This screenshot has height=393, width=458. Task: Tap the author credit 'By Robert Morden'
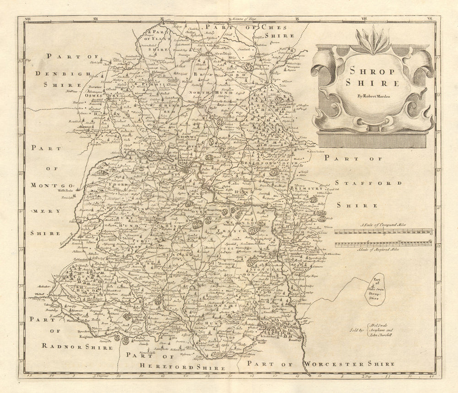pos(372,96)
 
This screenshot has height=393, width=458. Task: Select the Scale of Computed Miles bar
pos(382,231)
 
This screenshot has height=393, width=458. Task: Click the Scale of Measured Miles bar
pos(382,244)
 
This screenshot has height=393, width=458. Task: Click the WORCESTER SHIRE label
pos(348,364)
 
